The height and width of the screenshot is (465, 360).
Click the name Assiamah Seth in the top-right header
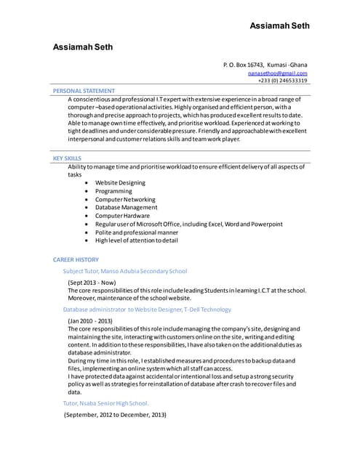click(x=279, y=26)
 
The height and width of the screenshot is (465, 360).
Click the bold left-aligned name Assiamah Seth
click(x=83, y=46)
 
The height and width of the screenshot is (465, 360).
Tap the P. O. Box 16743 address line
click(x=265, y=65)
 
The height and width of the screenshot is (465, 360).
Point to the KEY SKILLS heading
click(x=68, y=158)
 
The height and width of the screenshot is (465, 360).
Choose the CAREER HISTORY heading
click(x=76, y=259)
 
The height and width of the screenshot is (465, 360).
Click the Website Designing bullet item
click(x=120, y=183)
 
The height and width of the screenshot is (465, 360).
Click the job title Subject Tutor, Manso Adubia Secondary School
click(x=125, y=271)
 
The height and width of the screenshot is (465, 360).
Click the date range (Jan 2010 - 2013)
click(x=90, y=320)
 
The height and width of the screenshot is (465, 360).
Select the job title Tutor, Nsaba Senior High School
click(x=106, y=403)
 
